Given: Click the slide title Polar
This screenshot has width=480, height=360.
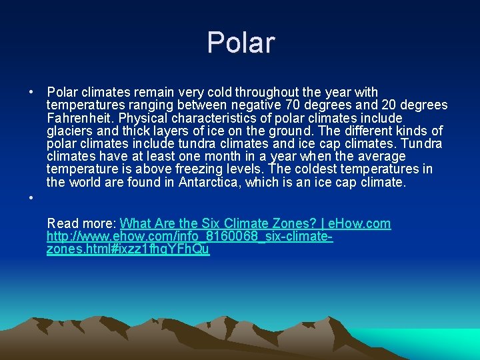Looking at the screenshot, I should pos(240,43).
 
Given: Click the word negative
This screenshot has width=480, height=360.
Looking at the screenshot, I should pos(249,105).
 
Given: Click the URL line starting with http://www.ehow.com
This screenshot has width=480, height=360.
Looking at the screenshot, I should pos(189,236).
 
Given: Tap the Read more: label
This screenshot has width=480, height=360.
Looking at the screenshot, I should pos(82,223).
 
